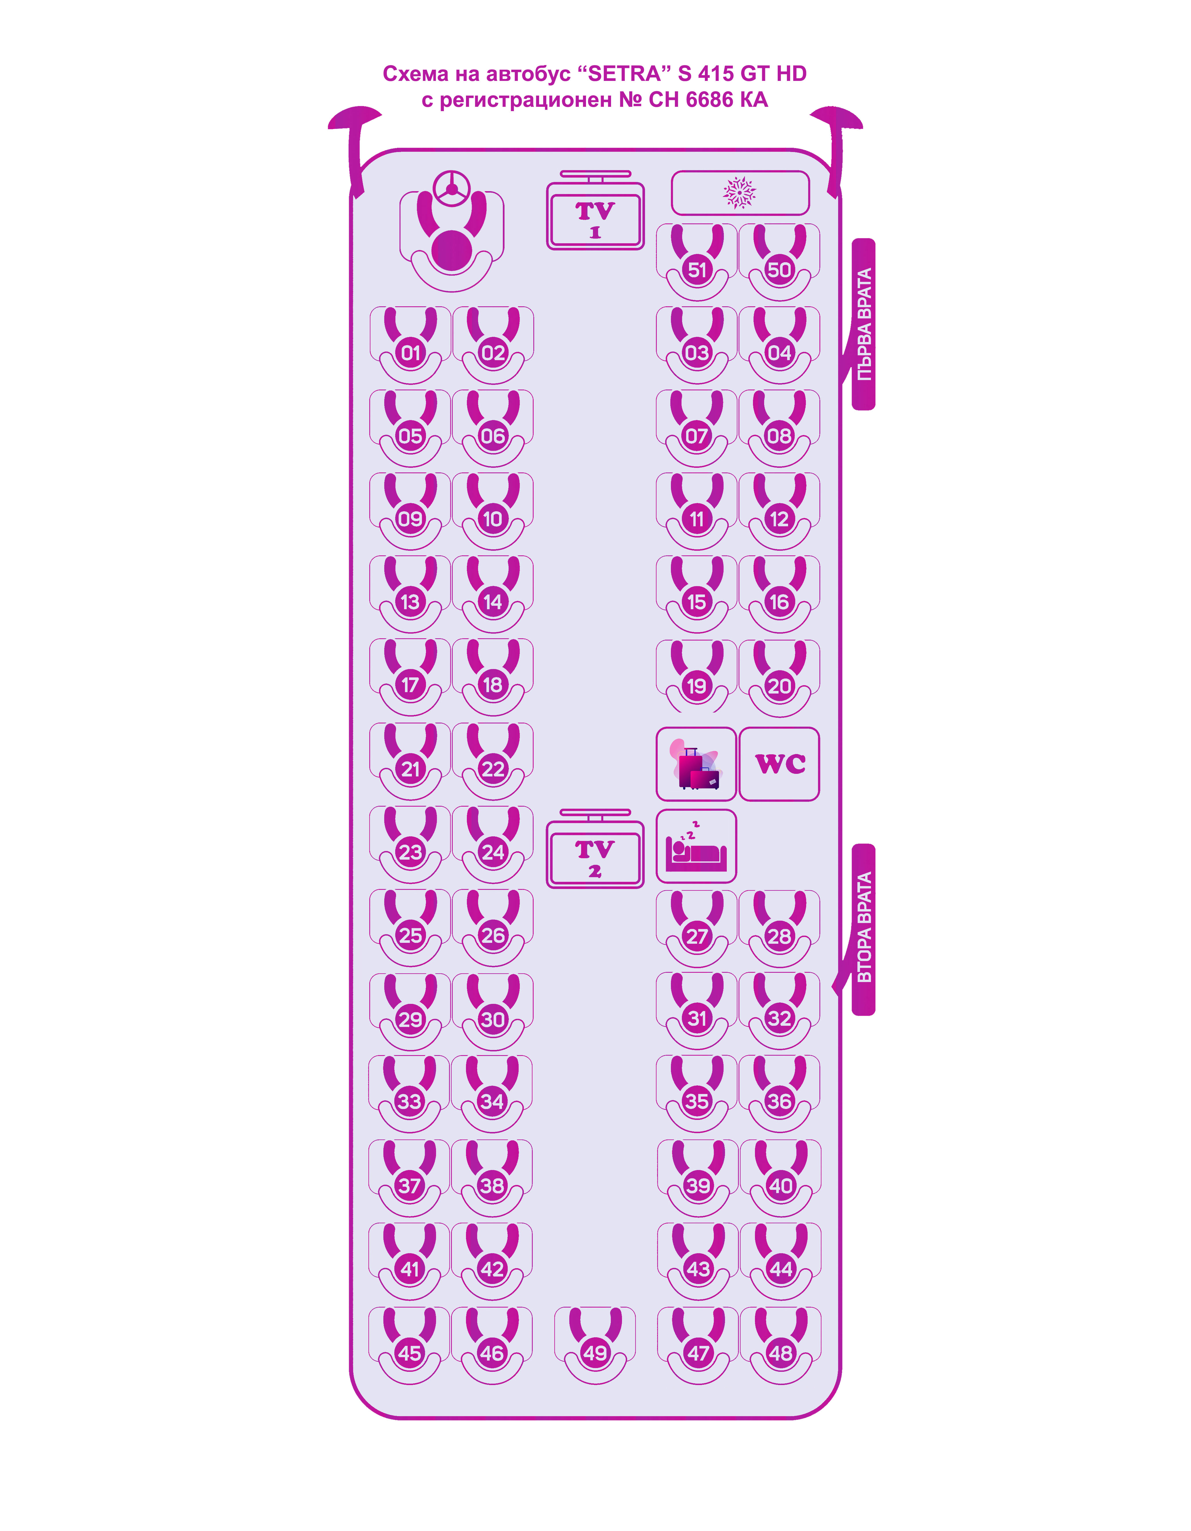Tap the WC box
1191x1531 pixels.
click(779, 763)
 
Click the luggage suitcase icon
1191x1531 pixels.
click(696, 765)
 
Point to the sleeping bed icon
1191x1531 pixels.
click(696, 846)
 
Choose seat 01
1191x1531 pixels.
click(410, 353)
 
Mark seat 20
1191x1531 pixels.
click(779, 685)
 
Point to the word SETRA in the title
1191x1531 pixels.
click(624, 74)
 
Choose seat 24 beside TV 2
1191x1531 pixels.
click(493, 852)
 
